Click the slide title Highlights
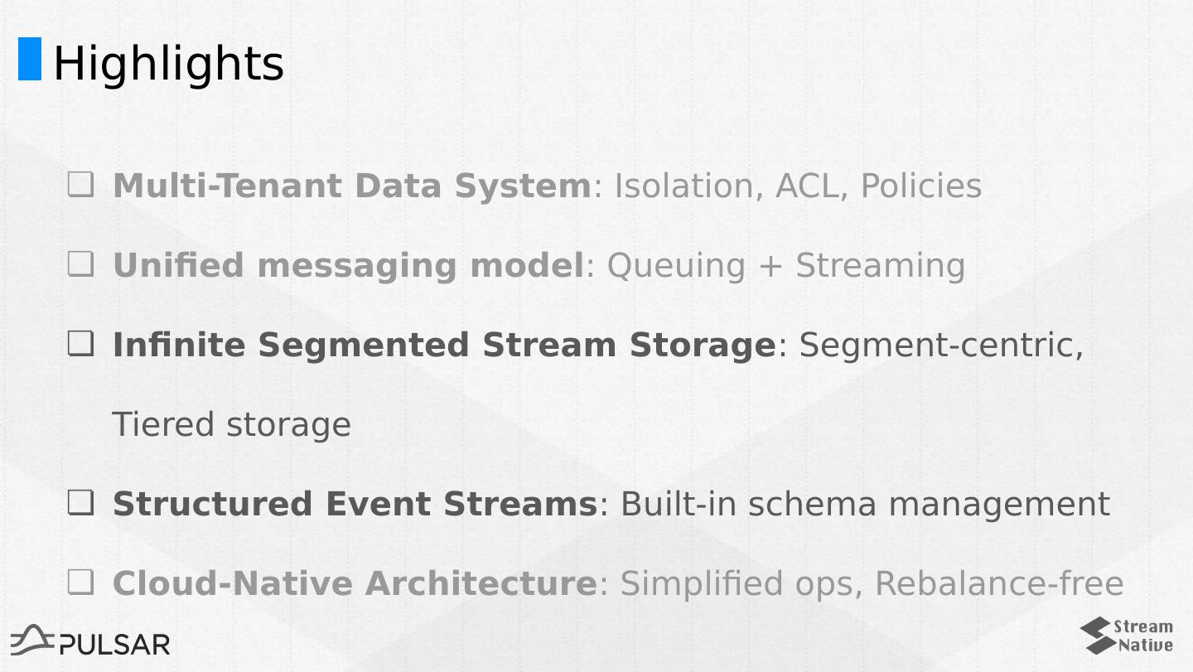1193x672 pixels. click(x=168, y=63)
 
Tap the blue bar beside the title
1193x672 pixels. click(x=30, y=59)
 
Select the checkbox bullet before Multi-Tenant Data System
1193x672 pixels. click(x=80, y=185)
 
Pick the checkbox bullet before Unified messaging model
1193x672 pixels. click(x=80, y=264)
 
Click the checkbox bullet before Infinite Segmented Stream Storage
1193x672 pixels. click(x=80, y=344)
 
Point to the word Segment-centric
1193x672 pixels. click(x=941, y=346)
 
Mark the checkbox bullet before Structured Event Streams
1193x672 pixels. click(x=80, y=503)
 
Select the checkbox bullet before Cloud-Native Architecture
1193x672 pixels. click(x=80, y=583)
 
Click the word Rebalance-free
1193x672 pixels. click(x=998, y=584)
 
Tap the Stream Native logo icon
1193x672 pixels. click(x=1096, y=636)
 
